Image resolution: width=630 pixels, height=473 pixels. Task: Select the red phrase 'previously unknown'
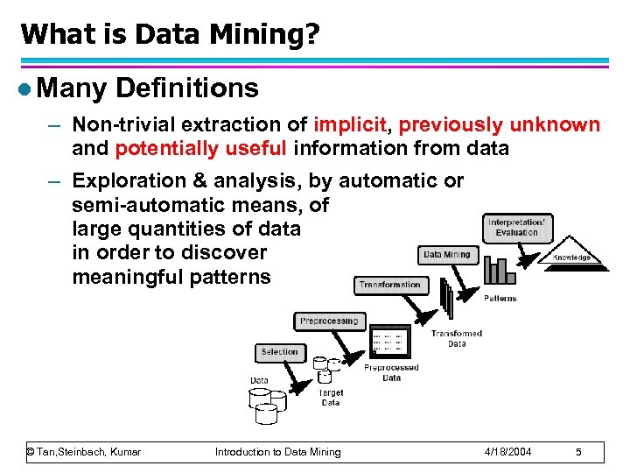pyautogui.click(x=500, y=124)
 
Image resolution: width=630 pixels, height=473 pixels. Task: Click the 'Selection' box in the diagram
pyautogui.click(x=280, y=352)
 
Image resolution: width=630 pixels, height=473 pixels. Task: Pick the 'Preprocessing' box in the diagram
pyautogui.click(x=329, y=321)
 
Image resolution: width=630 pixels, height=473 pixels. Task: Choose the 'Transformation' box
pyautogui.click(x=389, y=285)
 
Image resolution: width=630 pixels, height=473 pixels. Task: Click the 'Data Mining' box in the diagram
pyautogui.click(x=447, y=255)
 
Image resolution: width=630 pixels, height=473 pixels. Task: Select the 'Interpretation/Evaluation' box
pyautogui.click(x=516, y=228)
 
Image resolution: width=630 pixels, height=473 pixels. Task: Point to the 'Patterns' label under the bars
pyautogui.click(x=500, y=299)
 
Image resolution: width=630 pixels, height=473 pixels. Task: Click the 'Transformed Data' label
pyautogui.click(x=456, y=339)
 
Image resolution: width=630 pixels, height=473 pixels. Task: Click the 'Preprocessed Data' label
pyautogui.click(x=391, y=372)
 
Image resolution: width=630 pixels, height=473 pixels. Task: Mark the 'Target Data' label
pyautogui.click(x=331, y=399)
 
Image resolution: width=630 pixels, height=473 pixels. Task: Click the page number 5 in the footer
pyautogui.click(x=578, y=452)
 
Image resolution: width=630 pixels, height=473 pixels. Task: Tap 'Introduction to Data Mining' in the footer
pyautogui.click(x=278, y=452)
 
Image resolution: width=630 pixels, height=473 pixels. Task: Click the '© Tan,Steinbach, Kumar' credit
pyautogui.click(x=84, y=452)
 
